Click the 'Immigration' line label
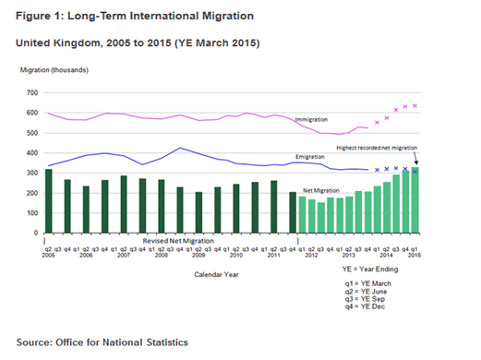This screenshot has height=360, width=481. tap(312, 120)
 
